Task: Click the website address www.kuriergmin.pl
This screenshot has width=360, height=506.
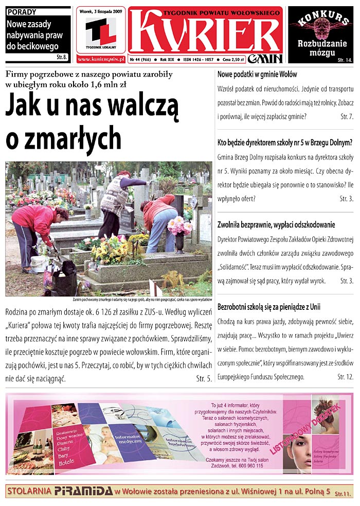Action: coord(101,60)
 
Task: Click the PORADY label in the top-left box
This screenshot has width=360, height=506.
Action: coord(22,11)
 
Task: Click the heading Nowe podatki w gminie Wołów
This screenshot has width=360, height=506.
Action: coord(257,75)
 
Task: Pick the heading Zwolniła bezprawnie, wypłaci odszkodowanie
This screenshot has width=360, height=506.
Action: coord(276,224)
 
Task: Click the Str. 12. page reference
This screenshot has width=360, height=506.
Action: coord(345,377)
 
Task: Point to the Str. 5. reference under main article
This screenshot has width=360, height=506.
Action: coord(204,379)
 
